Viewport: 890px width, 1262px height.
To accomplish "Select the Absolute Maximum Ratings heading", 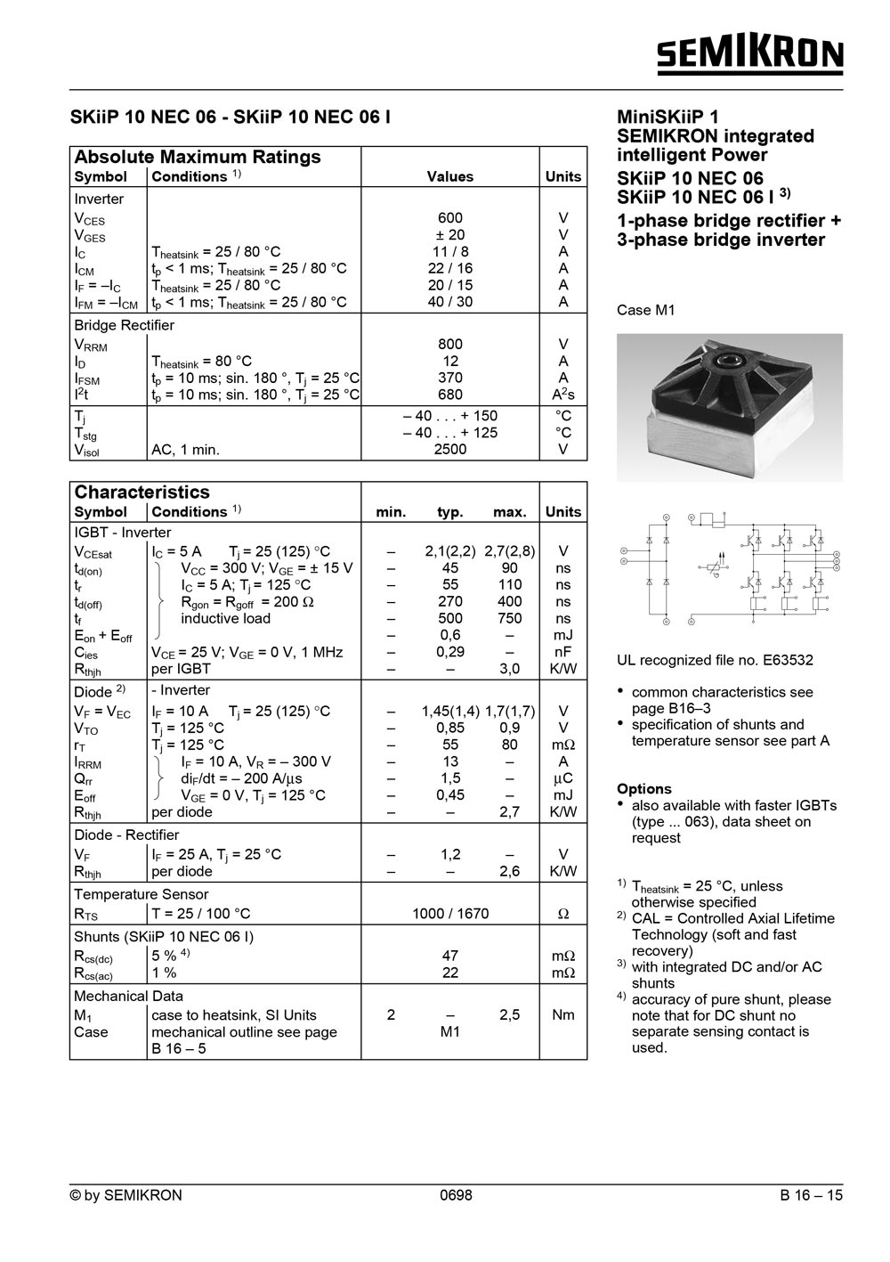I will (198, 158).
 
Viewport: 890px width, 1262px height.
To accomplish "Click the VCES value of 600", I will (450, 218).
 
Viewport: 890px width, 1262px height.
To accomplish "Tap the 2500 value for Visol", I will (450, 450).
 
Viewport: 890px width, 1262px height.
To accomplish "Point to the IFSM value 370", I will (450, 378).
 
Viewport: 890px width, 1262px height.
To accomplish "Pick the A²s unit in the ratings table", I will (562, 395).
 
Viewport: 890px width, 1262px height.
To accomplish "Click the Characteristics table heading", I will (142, 493).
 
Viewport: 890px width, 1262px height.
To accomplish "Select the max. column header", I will (510, 512).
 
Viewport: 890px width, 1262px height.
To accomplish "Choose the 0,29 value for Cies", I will (450, 652).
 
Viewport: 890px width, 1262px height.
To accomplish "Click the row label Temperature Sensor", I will (142, 894).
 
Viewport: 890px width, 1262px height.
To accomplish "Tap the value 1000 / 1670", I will (450, 914).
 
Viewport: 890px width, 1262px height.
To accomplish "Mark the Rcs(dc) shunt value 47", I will (450, 956).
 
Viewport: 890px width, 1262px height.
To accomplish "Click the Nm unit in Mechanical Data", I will (562, 1015).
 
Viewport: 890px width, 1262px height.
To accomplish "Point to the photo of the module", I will (729, 407).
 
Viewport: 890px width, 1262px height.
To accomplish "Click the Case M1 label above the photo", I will (646, 311).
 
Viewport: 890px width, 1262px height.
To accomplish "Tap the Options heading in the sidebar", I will (644, 789).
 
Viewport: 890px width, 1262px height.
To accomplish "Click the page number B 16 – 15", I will (811, 1195).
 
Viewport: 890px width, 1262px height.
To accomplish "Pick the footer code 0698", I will (457, 1195).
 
